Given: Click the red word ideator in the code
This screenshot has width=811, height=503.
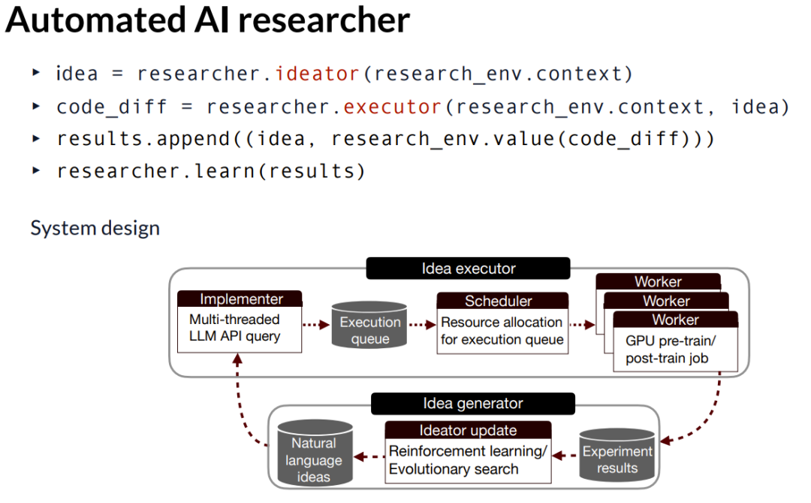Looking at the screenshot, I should (x=317, y=74).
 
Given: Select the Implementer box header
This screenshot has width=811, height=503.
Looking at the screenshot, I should (x=241, y=299).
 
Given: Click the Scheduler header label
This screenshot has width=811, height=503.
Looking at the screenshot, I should (x=499, y=301).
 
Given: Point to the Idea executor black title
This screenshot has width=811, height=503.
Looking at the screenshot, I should (x=469, y=268).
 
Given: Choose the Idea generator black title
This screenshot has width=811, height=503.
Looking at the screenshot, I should (x=472, y=404).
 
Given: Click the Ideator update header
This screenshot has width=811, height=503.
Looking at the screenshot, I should (x=468, y=431).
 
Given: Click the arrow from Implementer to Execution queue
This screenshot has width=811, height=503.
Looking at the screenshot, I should (x=316, y=324).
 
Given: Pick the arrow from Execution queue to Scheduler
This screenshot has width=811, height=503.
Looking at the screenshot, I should (x=423, y=324).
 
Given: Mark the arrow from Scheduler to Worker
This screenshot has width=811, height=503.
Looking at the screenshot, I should (x=581, y=324).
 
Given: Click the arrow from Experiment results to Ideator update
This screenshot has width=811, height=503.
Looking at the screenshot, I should (x=565, y=453).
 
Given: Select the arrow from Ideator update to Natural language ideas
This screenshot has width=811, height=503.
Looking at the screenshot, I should (x=369, y=456).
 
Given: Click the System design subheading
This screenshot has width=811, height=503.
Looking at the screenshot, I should (x=95, y=228).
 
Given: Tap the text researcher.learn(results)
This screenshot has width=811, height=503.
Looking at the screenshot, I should (x=211, y=171).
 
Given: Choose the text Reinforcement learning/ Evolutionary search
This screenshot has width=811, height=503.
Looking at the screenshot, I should (x=468, y=460).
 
